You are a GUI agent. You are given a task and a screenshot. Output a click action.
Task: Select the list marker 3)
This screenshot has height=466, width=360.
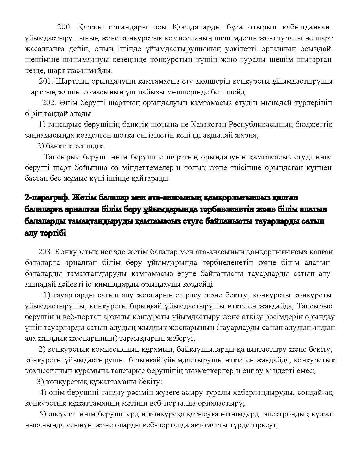coord(40,382)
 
